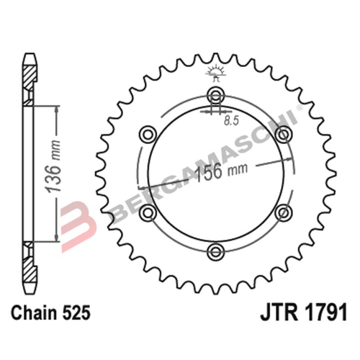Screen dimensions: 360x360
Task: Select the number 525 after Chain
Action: tap(76, 315)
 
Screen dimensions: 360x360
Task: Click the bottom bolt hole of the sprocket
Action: tap(215, 250)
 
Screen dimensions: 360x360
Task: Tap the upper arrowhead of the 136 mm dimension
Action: tap(55, 108)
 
